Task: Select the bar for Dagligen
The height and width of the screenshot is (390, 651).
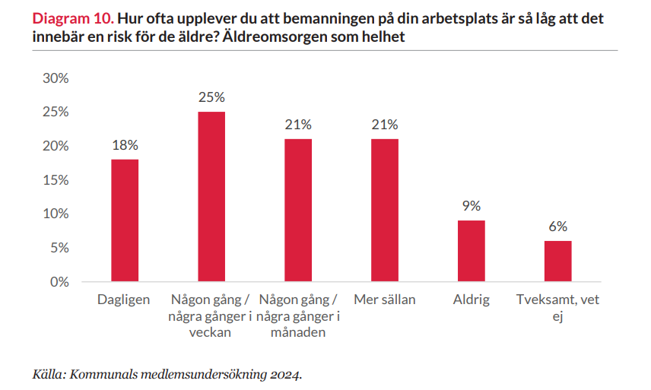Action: pos(125,220)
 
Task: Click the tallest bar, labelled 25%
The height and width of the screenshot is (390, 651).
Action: pos(211,197)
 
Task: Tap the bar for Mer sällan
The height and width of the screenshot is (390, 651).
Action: pos(384,211)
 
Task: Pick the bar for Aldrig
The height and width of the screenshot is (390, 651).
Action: pos(471,251)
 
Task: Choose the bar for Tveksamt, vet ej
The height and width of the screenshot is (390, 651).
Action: pos(557,261)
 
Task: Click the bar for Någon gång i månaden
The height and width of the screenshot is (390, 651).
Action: pos(298,211)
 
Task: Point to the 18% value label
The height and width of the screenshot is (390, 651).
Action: pos(125,145)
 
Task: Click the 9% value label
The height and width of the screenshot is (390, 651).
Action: pos(471,206)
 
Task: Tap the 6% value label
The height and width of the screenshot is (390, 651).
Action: pos(557,227)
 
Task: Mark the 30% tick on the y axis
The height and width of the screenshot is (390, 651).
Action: pos(56,78)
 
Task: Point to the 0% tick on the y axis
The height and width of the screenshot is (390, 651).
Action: pos(59,282)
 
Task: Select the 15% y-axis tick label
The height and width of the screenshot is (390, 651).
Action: pos(56,180)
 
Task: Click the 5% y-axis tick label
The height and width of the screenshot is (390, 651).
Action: pos(59,248)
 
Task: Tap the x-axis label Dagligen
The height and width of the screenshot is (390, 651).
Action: pos(124,300)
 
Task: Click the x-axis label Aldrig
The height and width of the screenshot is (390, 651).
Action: pos(471,300)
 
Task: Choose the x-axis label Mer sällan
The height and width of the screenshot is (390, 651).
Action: pos(385,300)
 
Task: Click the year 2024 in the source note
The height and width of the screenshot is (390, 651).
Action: pos(286,374)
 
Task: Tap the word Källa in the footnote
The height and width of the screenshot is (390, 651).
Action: pos(48,374)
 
